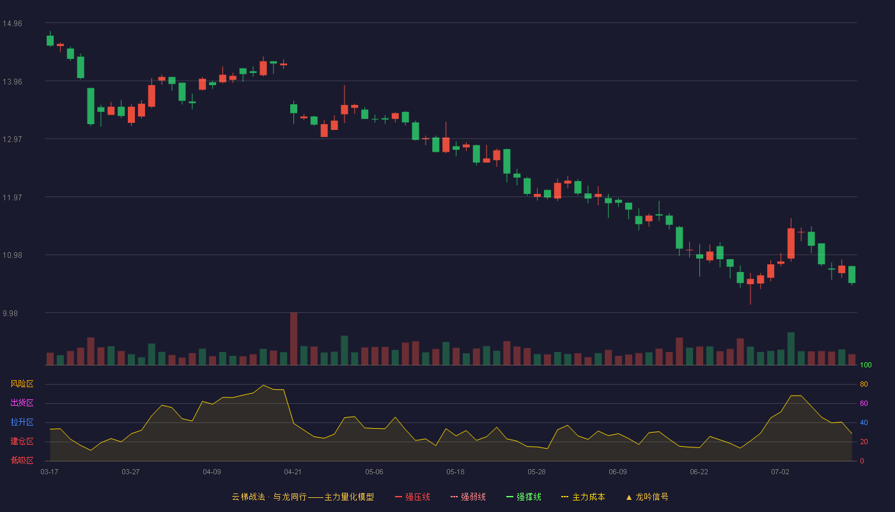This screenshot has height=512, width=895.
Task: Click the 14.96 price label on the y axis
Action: click(12, 24)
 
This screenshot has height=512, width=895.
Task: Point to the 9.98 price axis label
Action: click(10, 313)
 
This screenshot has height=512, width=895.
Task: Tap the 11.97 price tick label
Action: click(12, 198)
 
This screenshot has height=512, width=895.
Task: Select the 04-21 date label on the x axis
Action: click(293, 472)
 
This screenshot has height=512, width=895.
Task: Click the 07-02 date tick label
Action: click(780, 472)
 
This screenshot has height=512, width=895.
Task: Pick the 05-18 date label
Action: click(455, 472)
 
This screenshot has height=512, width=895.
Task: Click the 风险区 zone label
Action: click(22, 384)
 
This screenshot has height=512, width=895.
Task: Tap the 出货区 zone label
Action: click(22, 403)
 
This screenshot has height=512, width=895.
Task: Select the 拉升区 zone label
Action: click(22, 422)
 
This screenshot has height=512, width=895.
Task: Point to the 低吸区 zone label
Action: click(22, 460)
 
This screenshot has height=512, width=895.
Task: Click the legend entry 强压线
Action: click(412, 497)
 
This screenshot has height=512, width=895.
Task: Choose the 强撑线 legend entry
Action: click(524, 497)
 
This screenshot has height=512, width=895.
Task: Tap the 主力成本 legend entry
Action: click(583, 497)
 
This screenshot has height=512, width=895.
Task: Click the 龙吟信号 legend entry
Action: click(647, 497)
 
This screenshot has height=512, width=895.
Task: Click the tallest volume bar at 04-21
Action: click(293, 339)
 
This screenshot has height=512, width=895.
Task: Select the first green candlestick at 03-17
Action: click(50, 40)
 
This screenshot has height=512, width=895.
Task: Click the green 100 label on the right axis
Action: click(866, 365)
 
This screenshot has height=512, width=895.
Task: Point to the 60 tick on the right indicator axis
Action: click(864, 403)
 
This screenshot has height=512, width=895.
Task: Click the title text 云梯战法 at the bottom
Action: click(248, 497)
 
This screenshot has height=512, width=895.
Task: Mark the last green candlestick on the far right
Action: click(852, 275)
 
